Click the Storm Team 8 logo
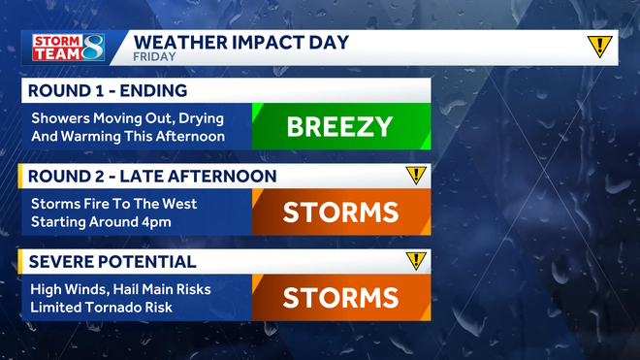pyautogui.click(x=65, y=48)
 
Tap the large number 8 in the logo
pyautogui.click(x=90, y=48)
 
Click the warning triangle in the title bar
pyautogui.click(x=600, y=46)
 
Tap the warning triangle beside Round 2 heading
pyautogui.click(x=416, y=176)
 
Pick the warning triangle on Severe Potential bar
pyautogui.click(x=416, y=261)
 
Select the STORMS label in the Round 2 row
pyautogui.click(x=340, y=212)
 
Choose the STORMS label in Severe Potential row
pyautogui.click(x=340, y=297)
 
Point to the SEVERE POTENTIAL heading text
pyautogui.click(x=112, y=262)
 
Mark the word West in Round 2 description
pyautogui.click(x=176, y=204)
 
